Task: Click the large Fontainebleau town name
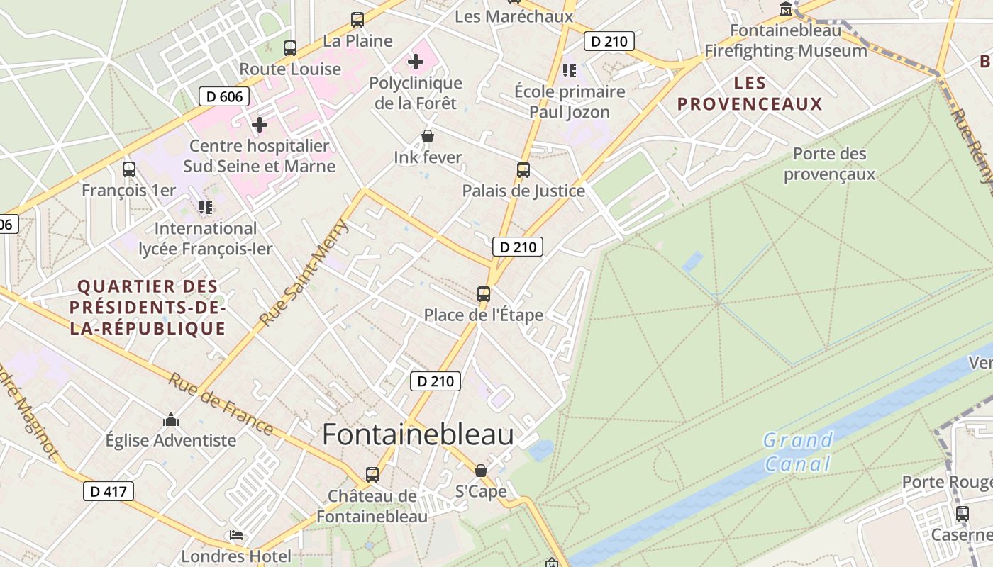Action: [x=418, y=434]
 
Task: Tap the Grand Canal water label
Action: [x=798, y=452]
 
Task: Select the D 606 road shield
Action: [x=224, y=96]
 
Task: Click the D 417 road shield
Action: [x=109, y=491]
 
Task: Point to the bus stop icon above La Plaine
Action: [x=357, y=20]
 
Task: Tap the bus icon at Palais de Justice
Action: [x=523, y=170]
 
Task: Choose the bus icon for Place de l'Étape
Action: [x=484, y=293]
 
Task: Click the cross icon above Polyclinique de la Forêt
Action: [x=416, y=62]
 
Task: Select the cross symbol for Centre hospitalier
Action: [x=260, y=125]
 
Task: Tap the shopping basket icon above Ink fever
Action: [x=428, y=136]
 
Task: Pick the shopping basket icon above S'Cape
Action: [x=481, y=471]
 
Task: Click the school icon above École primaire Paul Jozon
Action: [x=570, y=70]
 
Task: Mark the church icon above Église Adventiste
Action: [x=171, y=420]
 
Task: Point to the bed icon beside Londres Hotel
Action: [x=236, y=535]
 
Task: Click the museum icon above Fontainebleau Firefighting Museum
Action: [x=786, y=9]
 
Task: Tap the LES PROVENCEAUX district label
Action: [x=750, y=94]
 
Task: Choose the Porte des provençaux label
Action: [x=829, y=164]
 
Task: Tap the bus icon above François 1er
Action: [x=129, y=169]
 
